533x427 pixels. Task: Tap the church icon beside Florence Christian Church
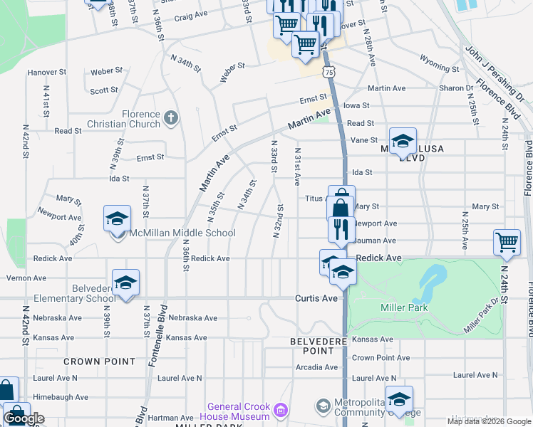tap(170, 117)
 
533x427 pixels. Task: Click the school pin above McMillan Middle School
tap(118, 219)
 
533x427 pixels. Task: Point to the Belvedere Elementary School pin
tap(125, 283)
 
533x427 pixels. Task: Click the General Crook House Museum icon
tap(281, 410)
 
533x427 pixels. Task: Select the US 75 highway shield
tap(328, 72)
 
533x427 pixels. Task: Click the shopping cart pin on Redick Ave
tap(506, 242)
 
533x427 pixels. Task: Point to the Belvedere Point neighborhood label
tap(312, 346)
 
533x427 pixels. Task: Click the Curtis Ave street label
tap(316, 298)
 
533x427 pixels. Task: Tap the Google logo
tap(24, 418)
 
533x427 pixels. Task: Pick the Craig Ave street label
tap(191, 15)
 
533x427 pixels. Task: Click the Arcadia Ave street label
tap(317, 367)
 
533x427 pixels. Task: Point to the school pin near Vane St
tap(403, 142)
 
